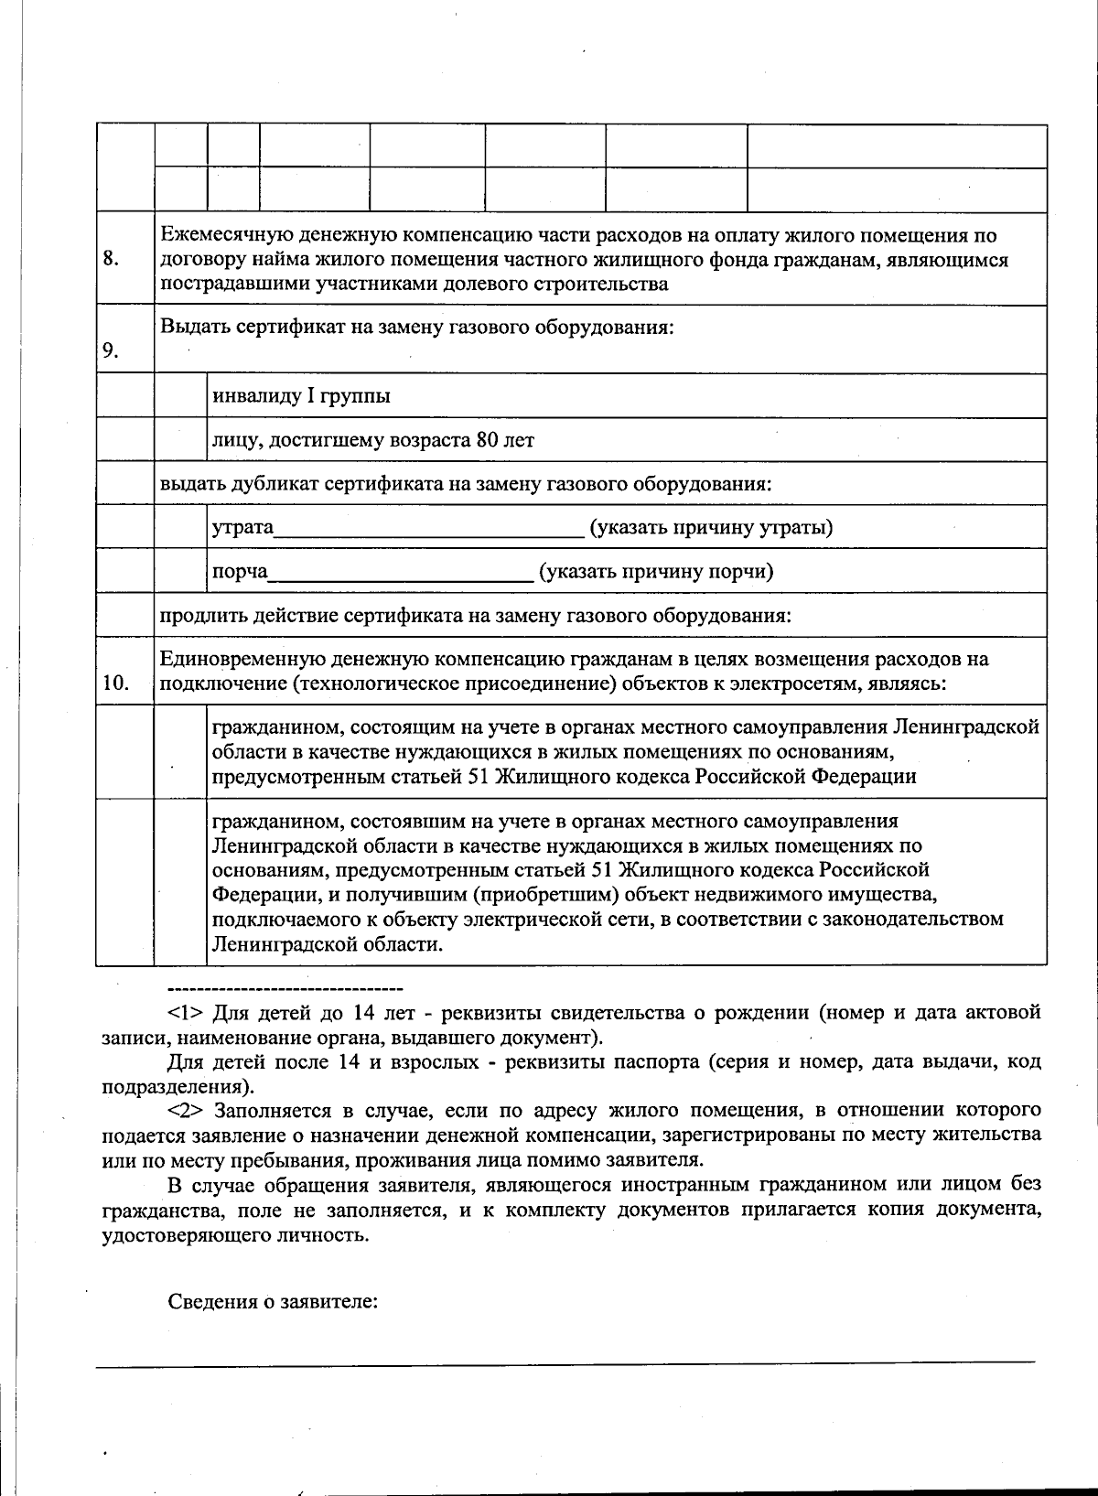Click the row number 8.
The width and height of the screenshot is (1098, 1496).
(111, 259)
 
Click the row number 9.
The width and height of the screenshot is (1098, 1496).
(111, 351)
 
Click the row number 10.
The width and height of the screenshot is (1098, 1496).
(115, 683)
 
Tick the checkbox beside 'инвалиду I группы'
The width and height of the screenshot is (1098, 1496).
(180, 396)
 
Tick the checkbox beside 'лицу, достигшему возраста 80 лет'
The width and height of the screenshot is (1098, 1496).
(180, 440)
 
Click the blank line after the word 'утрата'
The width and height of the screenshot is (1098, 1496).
(428, 532)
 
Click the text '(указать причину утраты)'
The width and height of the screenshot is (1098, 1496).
(711, 527)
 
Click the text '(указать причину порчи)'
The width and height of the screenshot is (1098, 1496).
(656, 572)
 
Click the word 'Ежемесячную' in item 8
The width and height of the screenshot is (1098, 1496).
(217, 236)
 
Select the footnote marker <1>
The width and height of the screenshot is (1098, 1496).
(187, 1013)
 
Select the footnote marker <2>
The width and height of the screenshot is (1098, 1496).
(187, 1111)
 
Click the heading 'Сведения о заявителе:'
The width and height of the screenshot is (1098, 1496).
(273, 1302)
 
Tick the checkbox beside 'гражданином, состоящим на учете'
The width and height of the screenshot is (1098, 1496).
(180, 752)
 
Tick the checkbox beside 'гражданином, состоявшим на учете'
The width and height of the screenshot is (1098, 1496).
(180, 882)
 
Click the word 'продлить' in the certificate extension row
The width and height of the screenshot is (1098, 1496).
(190, 616)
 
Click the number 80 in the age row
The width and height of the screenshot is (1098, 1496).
(487, 441)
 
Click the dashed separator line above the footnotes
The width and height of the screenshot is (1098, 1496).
(285, 989)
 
